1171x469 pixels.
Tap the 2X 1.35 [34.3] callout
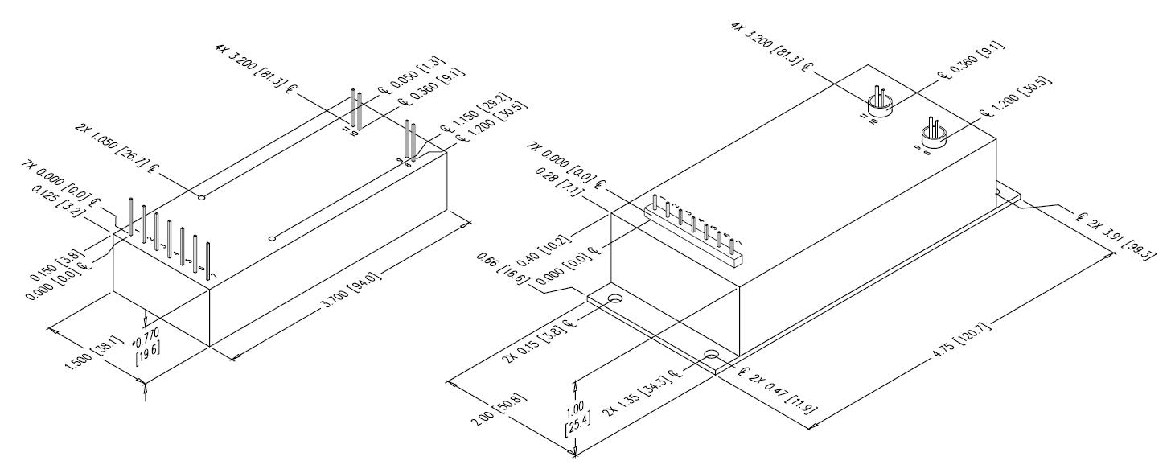point(650,390)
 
